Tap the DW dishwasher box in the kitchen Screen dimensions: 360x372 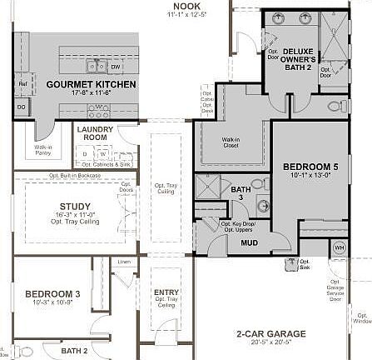pyautogui.click(x=116, y=66)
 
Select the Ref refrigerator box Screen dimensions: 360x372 pyautogui.click(x=23, y=85)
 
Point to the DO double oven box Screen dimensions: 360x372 pyautogui.click(x=22, y=107)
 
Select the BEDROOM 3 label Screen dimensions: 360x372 pyautogui.click(x=52, y=293)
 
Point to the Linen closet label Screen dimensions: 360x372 pyautogui.click(x=123, y=262)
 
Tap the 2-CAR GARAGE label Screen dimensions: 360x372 pyautogui.click(x=270, y=333)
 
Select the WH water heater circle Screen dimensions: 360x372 pyautogui.click(x=339, y=247)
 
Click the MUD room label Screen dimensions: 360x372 pyautogui.click(x=250, y=243)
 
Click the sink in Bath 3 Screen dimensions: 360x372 pyautogui.click(x=262, y=206)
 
